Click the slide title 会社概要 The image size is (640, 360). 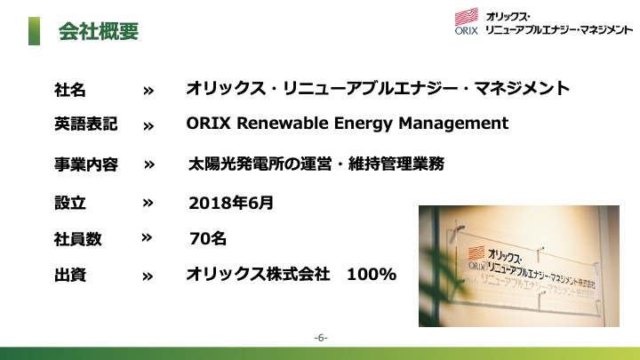pos(99,31)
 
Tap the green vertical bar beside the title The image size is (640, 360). pos(34,31)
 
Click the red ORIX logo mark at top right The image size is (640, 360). pos(467,17)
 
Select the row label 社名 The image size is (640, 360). pos(70,90)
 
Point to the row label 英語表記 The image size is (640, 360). pos(85,124)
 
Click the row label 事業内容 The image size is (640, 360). pos(86,164)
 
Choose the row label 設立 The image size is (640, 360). pos(70,203)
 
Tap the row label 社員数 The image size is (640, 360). pos(77,239)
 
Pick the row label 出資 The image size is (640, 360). pos(70,275)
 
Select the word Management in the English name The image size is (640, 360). pos(453,124)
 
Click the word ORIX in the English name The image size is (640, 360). pos(209,123)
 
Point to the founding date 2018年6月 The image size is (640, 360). pos(231,203)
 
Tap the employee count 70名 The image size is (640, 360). pos(208,238)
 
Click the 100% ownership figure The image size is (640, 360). pos(372,275)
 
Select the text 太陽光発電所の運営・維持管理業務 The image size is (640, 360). pos(316,164)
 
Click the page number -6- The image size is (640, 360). pos(321,338)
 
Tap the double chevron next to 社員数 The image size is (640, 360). pos(147,237)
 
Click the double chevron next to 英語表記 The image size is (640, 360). pos(148,126)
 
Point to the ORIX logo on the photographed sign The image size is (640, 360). pos(476,258)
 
